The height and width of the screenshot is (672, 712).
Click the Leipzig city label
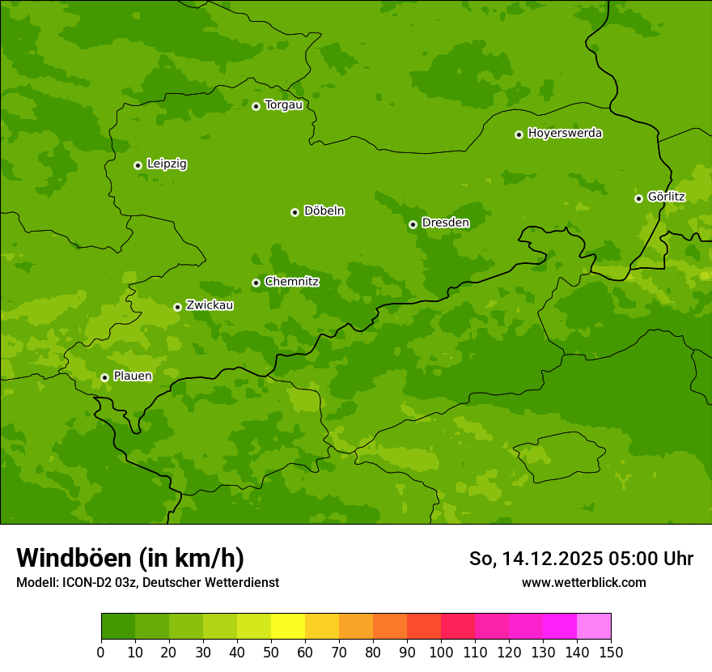click(167, 164)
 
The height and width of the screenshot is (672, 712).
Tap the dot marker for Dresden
click(413, 224)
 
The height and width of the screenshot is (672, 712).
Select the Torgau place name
click(283, 105)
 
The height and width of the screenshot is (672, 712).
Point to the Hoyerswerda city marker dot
click(519, 134)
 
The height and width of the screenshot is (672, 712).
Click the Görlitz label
click(666, 197)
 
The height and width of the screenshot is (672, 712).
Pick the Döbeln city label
click(324, 211)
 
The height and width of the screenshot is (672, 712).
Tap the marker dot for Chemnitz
click(256, 283)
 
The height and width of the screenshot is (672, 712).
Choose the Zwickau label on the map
click(210, 305)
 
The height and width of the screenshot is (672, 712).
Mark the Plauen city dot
click(104, 377)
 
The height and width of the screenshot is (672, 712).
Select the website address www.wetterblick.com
click(583, 582)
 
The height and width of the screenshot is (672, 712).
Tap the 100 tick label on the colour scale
click(441, 652)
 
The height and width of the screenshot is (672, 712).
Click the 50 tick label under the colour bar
click(271, 652)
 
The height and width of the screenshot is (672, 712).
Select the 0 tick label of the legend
click(101, 652)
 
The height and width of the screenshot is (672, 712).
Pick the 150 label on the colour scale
click(611, 652)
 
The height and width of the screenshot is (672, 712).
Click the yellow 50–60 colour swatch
click(288, 627)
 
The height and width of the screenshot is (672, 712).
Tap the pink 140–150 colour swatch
click(594, 627)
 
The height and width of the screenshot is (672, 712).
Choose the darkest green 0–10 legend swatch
click(118, 627)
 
